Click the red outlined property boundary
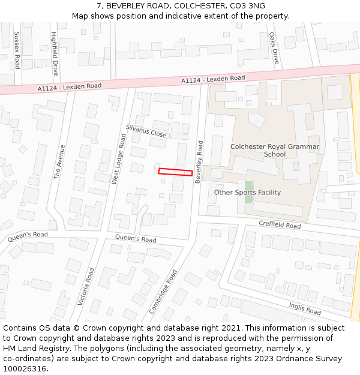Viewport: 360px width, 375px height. [x=175, y=172]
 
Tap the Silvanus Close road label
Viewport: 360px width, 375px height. [x=146, y=131]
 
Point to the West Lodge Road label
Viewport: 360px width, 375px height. [x=119, y=158]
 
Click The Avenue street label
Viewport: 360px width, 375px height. [x=59, y=161]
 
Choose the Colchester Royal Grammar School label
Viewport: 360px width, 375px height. [x=275, y=150]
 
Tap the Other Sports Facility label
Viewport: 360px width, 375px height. [x=247, y=193]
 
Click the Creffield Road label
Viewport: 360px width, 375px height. [x=280, y=225]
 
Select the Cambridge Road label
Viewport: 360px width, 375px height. [x=163, y=292]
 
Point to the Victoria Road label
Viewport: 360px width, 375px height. [x=86, y=287]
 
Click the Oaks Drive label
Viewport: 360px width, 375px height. [x=274, y=48]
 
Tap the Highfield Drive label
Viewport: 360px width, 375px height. [x=55, y=53]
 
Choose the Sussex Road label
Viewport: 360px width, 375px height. [x=17, y=50]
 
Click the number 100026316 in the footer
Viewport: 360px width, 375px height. [x=26, y=369]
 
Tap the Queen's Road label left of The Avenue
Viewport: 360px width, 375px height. [x=28, y=236]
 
